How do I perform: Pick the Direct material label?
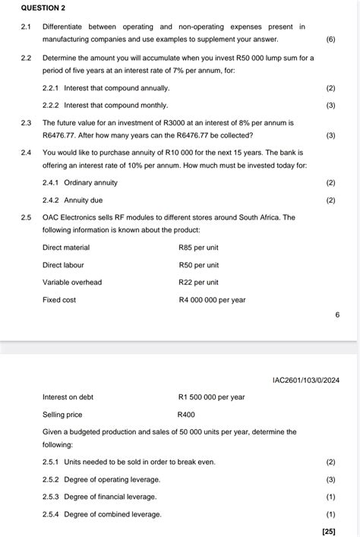click(x=66, y=248)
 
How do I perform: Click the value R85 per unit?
click(x=198, y=248)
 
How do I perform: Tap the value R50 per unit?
click(x=198, y=265)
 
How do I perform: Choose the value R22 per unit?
click(x=198, y=283)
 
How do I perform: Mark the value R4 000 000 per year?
click(x=212, y=300)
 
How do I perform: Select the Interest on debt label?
click(x=68, y=397)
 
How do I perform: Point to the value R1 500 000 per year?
click(x=211, y=397)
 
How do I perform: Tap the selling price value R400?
click(x=186, y=415)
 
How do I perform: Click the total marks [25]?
click(x=329, y=531)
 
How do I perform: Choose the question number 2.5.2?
click(x=52, y=479)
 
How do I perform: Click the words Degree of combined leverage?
click(x=113, y=514)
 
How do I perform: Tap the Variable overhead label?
click(x=72, y=283)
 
